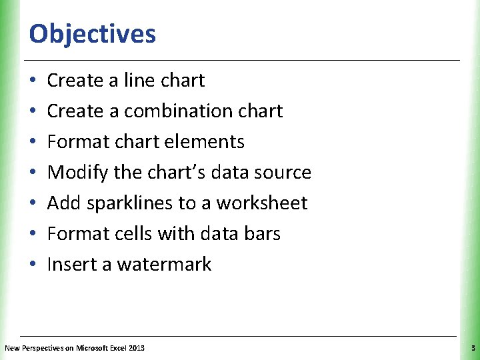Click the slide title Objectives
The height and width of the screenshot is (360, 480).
pyautogui.click(x=93, y=33)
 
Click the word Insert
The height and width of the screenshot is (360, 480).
pyautogui.click(x=71, y=265)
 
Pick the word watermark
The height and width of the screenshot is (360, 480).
pyautogui.click(x=164, y=265)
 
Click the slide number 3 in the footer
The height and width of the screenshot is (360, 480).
pyautogui.click(x=472, y=348)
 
